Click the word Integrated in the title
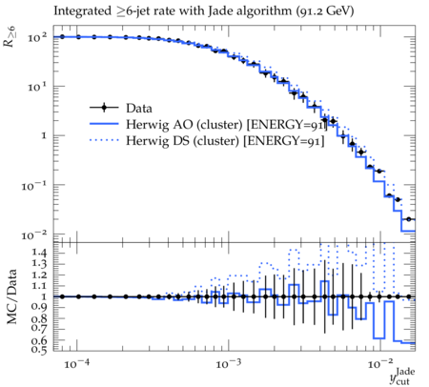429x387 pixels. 83,11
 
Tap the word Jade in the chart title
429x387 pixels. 218,10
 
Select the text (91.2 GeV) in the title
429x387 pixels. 325,11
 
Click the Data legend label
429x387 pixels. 139,109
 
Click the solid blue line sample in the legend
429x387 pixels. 104,124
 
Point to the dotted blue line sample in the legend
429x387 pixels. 104,140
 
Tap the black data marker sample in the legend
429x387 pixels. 104,108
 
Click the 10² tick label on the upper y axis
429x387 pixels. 37,38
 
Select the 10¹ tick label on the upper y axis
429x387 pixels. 37,87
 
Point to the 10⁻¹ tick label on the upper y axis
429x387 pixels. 34,186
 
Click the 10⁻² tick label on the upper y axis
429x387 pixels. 34,235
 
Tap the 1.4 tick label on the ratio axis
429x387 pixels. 39,253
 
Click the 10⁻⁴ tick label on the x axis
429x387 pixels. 75,363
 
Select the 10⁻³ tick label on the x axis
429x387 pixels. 227,363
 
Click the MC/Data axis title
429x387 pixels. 12,296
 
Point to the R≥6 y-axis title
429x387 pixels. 10,37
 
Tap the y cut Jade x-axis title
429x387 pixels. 402,377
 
